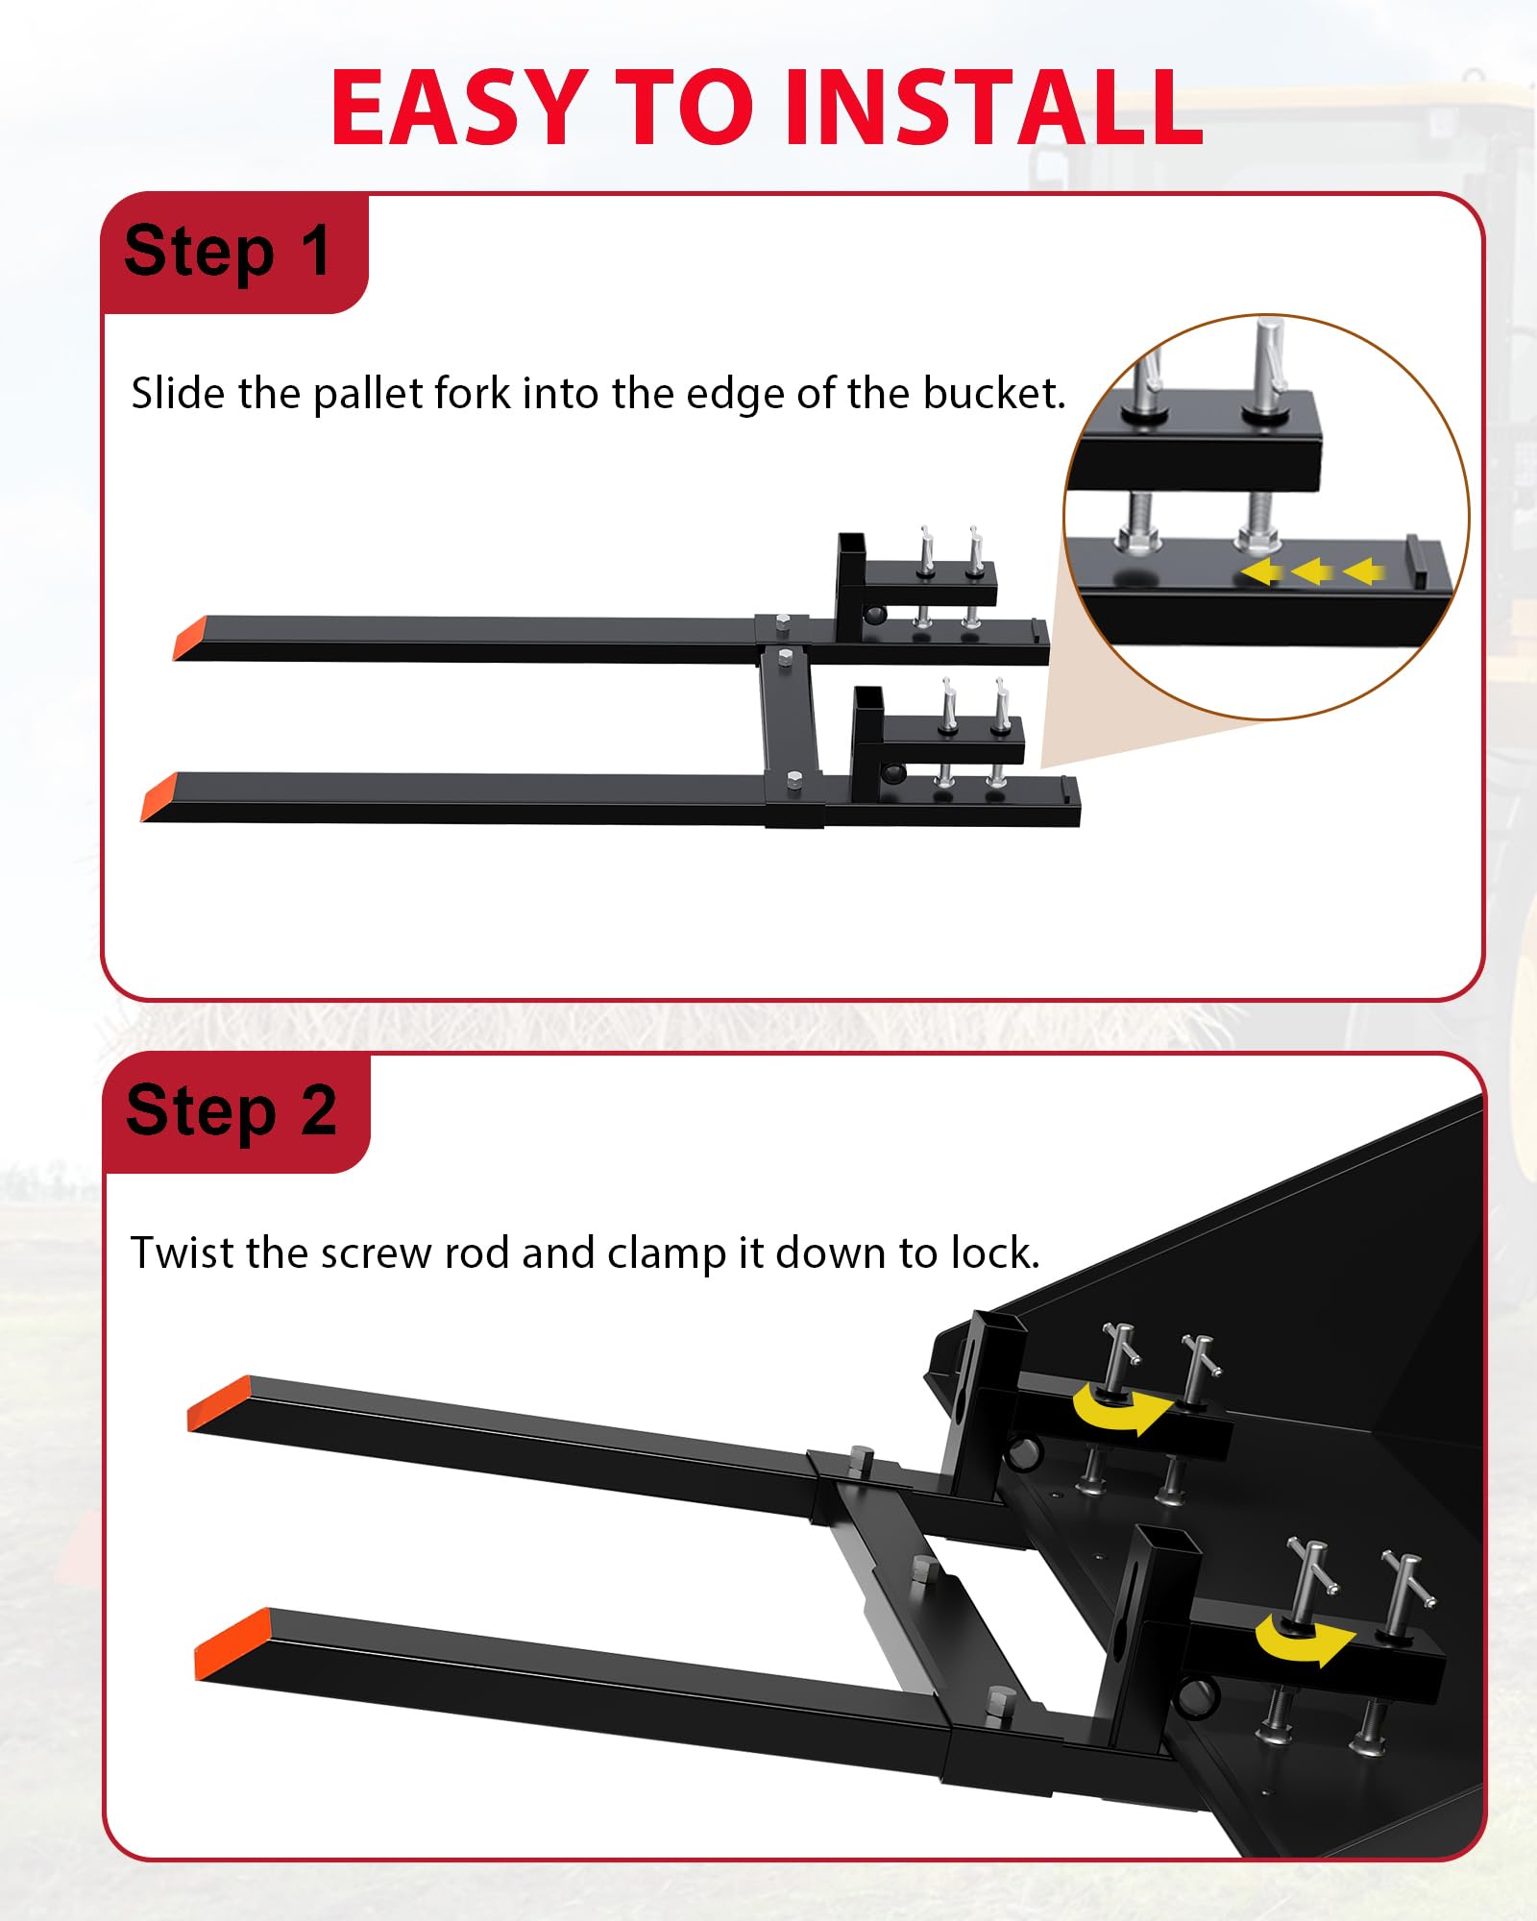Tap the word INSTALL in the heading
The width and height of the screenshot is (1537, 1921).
[993, 108]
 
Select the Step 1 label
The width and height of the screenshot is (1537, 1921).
[228, 252]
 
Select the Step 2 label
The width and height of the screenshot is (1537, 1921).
[231, 1111]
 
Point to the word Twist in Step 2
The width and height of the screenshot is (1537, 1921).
[182, 1252]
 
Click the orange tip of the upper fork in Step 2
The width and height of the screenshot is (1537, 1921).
[219, 1403]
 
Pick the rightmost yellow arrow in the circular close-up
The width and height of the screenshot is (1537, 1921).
[1363, 572]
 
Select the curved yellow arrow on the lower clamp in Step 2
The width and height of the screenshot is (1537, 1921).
[1302, 1644]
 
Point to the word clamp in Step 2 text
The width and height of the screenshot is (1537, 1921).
[667, 1254]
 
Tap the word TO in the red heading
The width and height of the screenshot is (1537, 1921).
[684, 108]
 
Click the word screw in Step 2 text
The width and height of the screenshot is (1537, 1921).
[376, 1254]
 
